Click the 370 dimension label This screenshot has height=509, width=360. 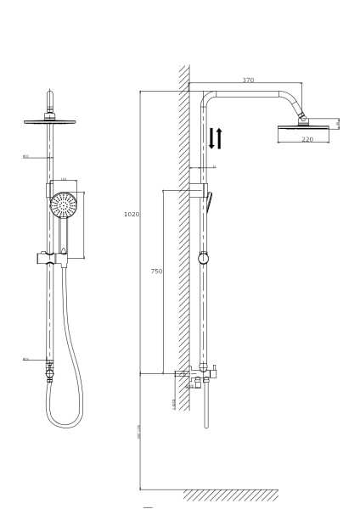click(248, 81)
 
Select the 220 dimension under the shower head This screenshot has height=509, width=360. click(307, 138)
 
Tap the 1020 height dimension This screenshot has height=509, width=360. click(131, 215)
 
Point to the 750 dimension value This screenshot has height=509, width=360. click(156, 271)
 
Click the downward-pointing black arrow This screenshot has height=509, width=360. click(212, 138)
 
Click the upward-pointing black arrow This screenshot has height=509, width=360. click(221, 138)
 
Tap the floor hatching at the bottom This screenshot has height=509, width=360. click(229, 495)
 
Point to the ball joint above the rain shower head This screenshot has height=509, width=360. click(301, 119)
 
